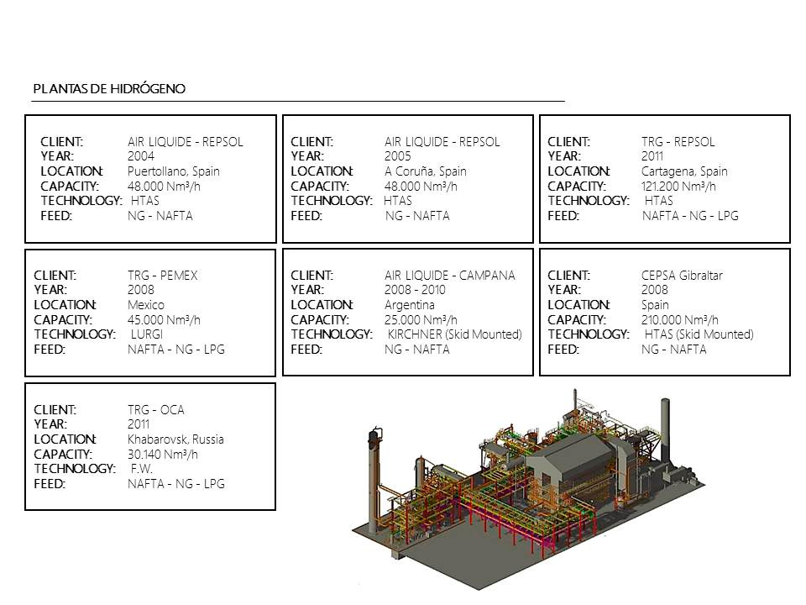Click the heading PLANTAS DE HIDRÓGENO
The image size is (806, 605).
[x=109, y=89]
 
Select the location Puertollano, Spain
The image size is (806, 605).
[x=174, y=171]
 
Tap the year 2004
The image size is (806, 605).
[x=141, y=156]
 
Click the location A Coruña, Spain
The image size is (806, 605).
[x=426, y=171]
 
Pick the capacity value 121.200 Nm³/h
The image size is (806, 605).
[x=678, y=187]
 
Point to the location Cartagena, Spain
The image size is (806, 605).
[x=685, y=171]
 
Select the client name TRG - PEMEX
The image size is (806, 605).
[x=162, y=276]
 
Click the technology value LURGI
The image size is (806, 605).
[x=147, y=334]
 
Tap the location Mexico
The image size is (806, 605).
[x=146, y=305]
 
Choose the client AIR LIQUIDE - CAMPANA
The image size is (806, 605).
[x=450, y=276]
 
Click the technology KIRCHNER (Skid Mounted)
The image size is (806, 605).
[x=455, y=335]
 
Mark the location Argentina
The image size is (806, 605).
[x=410, y=305]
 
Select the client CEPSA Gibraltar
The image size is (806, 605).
[x=682, y=276]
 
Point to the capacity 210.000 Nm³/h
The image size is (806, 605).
[x=680, y=320]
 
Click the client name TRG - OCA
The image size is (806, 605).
[x=156, y=410]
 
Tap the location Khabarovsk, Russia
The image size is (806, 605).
[x=175, y=439]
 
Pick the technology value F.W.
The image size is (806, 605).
[x=142, y=469]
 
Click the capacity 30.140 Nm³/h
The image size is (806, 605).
[x=163, y=455]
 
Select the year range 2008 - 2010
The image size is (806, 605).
[x=415, y=290]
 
